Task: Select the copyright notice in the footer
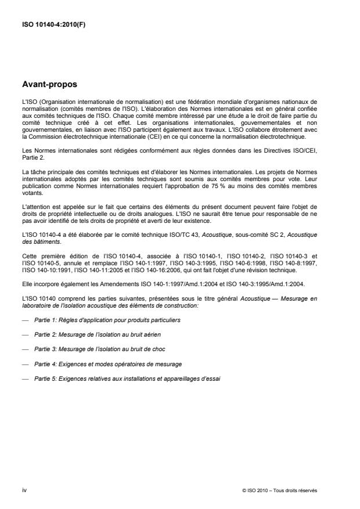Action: tap(289, 490)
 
